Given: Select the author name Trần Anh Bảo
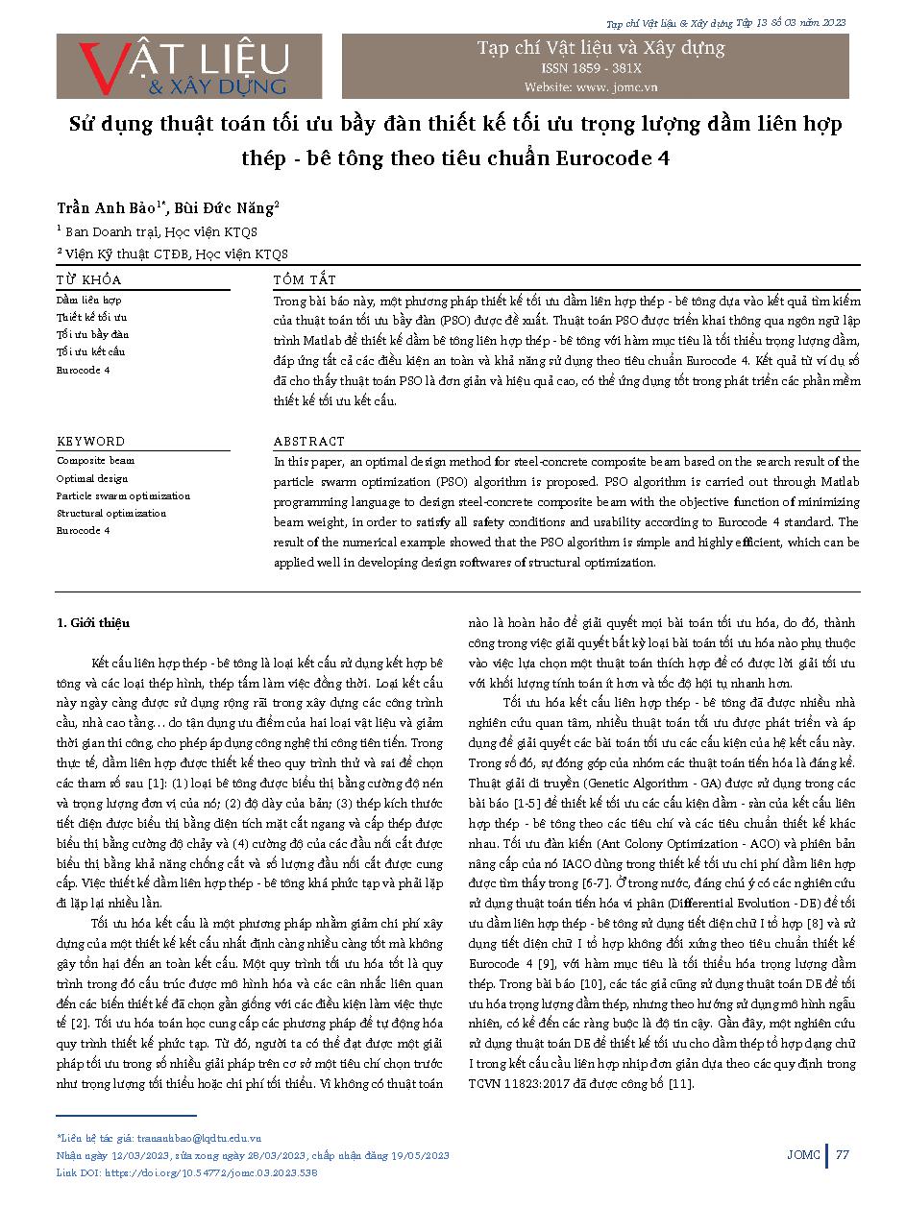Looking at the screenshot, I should [x=108, y=207].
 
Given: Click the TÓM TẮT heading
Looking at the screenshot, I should [x=305, y=279].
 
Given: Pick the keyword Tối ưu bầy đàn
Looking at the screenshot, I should [x=92, y=334].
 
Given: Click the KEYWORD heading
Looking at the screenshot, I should [x=90, y=442].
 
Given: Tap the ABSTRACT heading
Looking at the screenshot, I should [x=308, y=442].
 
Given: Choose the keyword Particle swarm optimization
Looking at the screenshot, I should [x=123, y=496].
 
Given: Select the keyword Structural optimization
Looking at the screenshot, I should [x=110, y=514].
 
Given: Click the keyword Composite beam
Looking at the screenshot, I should [x=95, y=461].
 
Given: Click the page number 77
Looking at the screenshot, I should [x=843, y=1154].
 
